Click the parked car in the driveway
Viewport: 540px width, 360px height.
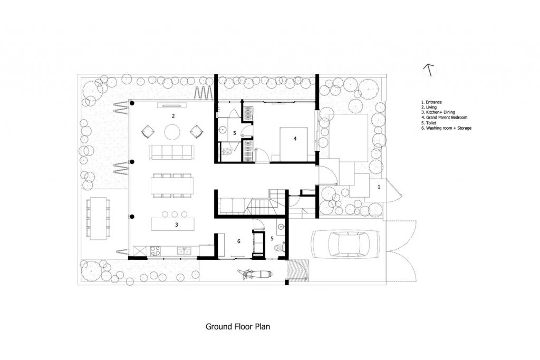pos(345,244)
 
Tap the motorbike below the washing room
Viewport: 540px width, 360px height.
pos(255,274)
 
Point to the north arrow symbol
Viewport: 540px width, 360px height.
pos(429,70)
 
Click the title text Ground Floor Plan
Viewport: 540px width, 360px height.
pos(238,326)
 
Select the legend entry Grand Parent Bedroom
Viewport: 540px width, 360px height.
pos(444,118)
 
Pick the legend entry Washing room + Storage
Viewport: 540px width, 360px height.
pos(446,128)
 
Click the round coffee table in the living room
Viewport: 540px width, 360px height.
pos(172,131)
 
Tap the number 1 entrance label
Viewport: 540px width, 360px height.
pos(379,187)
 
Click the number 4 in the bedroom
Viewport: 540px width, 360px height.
pos(295,138)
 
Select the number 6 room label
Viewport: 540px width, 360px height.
pos(239,241)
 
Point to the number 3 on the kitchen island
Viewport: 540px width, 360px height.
pos(176,225)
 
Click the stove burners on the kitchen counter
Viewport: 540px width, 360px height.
pos(155,250)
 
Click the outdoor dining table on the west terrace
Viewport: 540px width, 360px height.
pos(98,218)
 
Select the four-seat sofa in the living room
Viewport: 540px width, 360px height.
pos(171,152)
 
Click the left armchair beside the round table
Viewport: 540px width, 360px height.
pos(148,131)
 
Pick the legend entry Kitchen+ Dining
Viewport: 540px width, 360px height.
pos(438,112)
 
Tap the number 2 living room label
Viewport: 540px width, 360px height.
pos(173,115)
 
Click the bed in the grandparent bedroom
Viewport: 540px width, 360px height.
pos(293,144)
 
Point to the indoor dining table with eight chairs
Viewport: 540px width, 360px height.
pos(172,185)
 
